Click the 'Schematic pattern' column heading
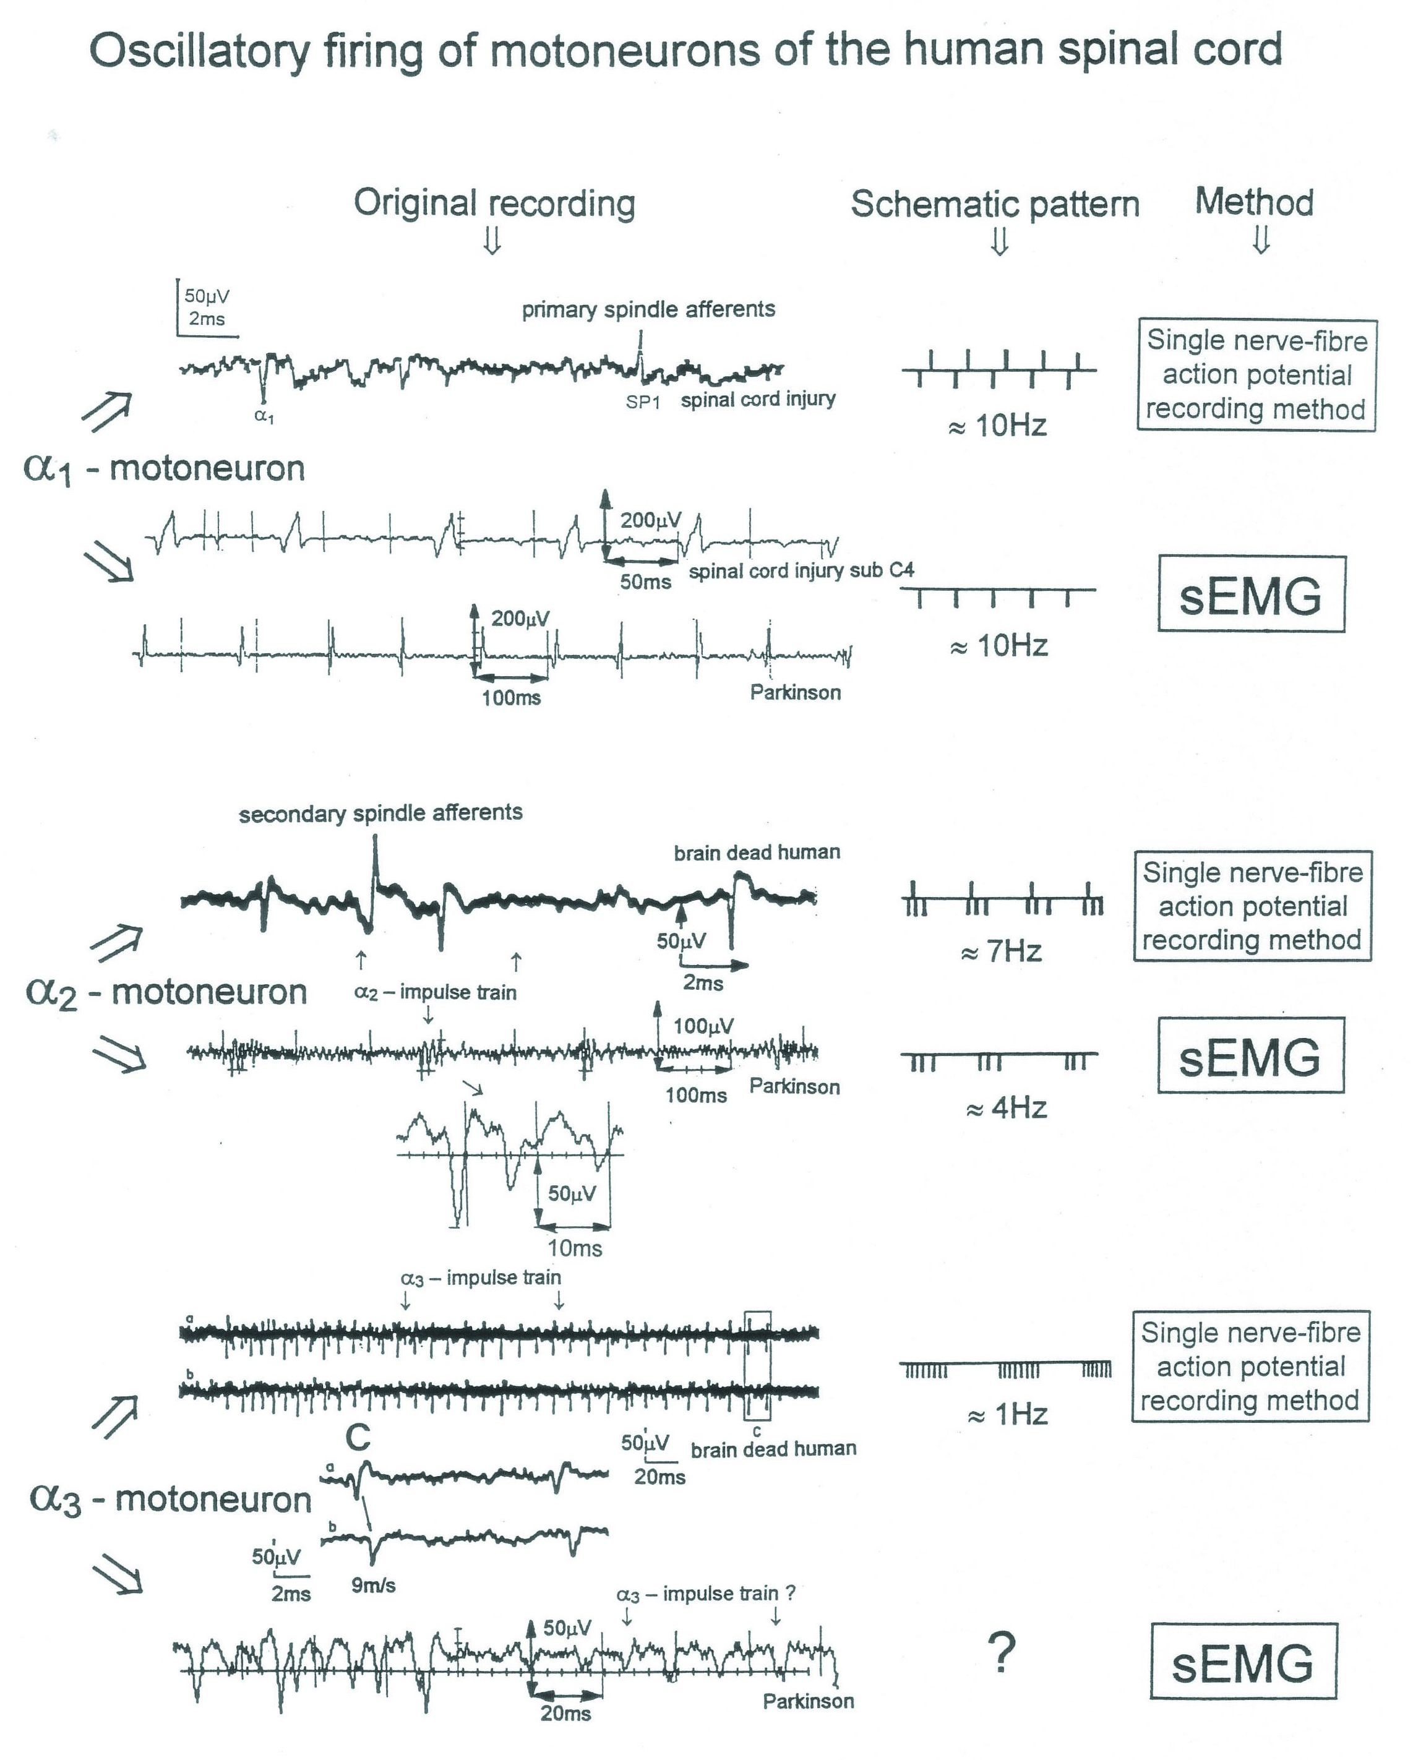994,204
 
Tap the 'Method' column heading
1254,202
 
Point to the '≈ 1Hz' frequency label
1007,1415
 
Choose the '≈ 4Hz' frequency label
1007,1109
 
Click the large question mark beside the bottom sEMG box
1002,1652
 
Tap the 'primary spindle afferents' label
648,310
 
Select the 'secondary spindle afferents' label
380,813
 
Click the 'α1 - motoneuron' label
164,468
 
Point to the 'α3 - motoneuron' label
170,1500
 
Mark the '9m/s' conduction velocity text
373,1586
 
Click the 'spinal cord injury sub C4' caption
801,570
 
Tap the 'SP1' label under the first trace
642,401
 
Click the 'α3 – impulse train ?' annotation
705,1594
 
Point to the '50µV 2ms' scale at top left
206,307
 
